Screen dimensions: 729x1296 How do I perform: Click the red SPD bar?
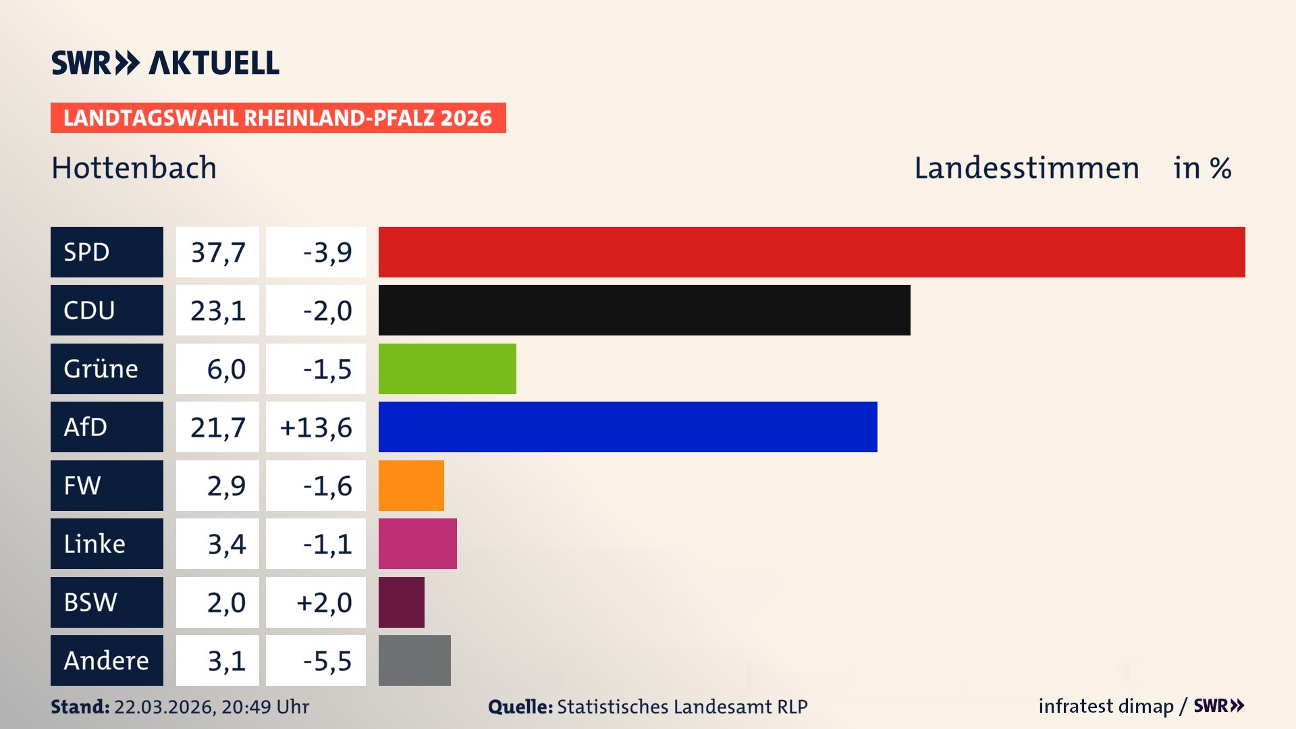click(x=811, y=252)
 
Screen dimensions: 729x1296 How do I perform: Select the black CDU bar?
click(x=644, y=310)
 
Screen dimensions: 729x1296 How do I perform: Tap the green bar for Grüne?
click(x=447, y=369)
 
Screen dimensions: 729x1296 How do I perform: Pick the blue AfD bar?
click(x=628, y=427)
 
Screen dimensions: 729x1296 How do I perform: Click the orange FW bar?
click(x=411, y=485)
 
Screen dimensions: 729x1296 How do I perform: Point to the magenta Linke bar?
click(x=417, y=543)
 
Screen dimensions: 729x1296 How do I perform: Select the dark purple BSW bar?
click(x=401, y=602)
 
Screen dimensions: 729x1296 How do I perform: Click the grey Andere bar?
click(x=414, y=660)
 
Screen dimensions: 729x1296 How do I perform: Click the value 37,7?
click(x=217, y=252)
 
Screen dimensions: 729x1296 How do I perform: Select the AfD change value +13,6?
click(x=316, y=427)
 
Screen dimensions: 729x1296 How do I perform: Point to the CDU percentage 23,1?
click(x=217, y=310)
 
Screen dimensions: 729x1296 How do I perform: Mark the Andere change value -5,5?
click(x=327, y=660)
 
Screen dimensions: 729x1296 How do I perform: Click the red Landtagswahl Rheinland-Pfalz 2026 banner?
click(x=278, y=117)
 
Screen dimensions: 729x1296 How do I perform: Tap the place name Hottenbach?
click(x=134, y=167)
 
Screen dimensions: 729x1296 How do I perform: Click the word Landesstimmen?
click(x=1026, y=167)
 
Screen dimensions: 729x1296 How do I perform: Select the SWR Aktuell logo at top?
click(x=165, y=63)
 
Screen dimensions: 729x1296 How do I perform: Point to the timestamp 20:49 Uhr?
click(x=265, y=707)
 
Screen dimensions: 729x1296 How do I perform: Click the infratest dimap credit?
click(x=1106, y=706)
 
